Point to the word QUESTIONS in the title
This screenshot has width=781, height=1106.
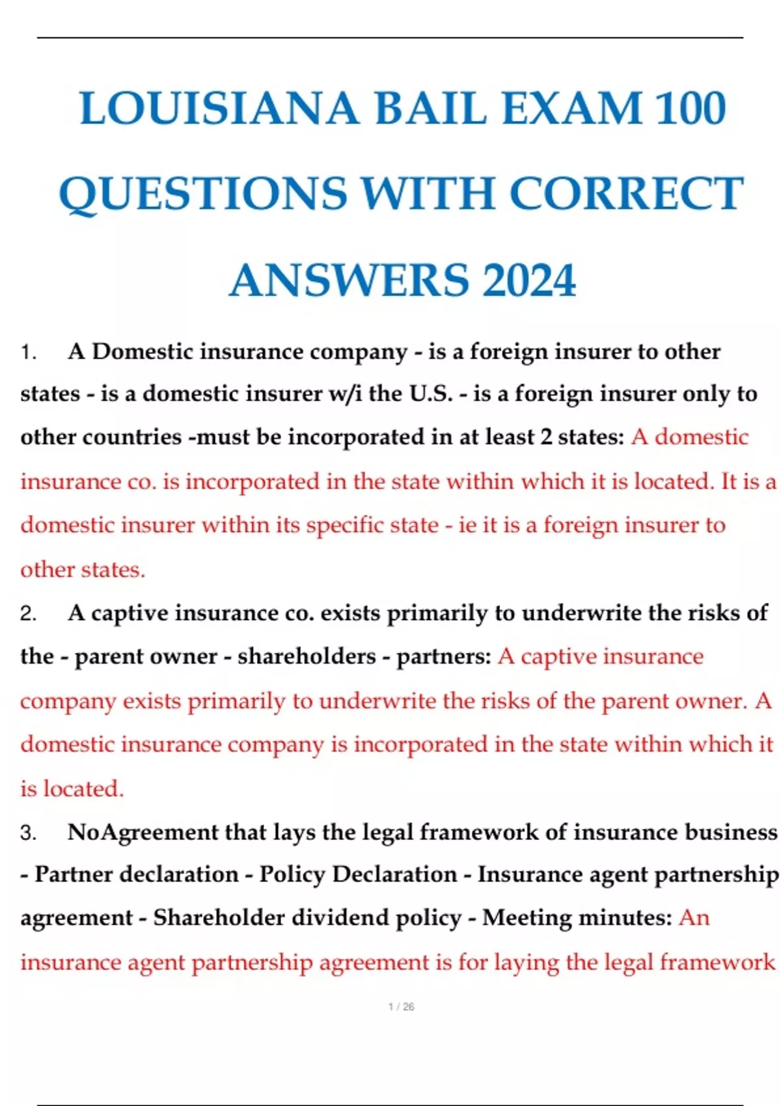[203, 194]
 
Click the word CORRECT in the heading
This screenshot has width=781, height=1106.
[626, 194]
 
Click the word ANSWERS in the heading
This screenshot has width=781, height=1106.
[349, 280]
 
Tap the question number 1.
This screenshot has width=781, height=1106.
[27, 353]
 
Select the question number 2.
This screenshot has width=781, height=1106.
[27, 614]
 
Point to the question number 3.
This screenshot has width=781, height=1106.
[27, 833]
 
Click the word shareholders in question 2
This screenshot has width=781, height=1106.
[307, 656]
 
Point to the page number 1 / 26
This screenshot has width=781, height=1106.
[401, 1006]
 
